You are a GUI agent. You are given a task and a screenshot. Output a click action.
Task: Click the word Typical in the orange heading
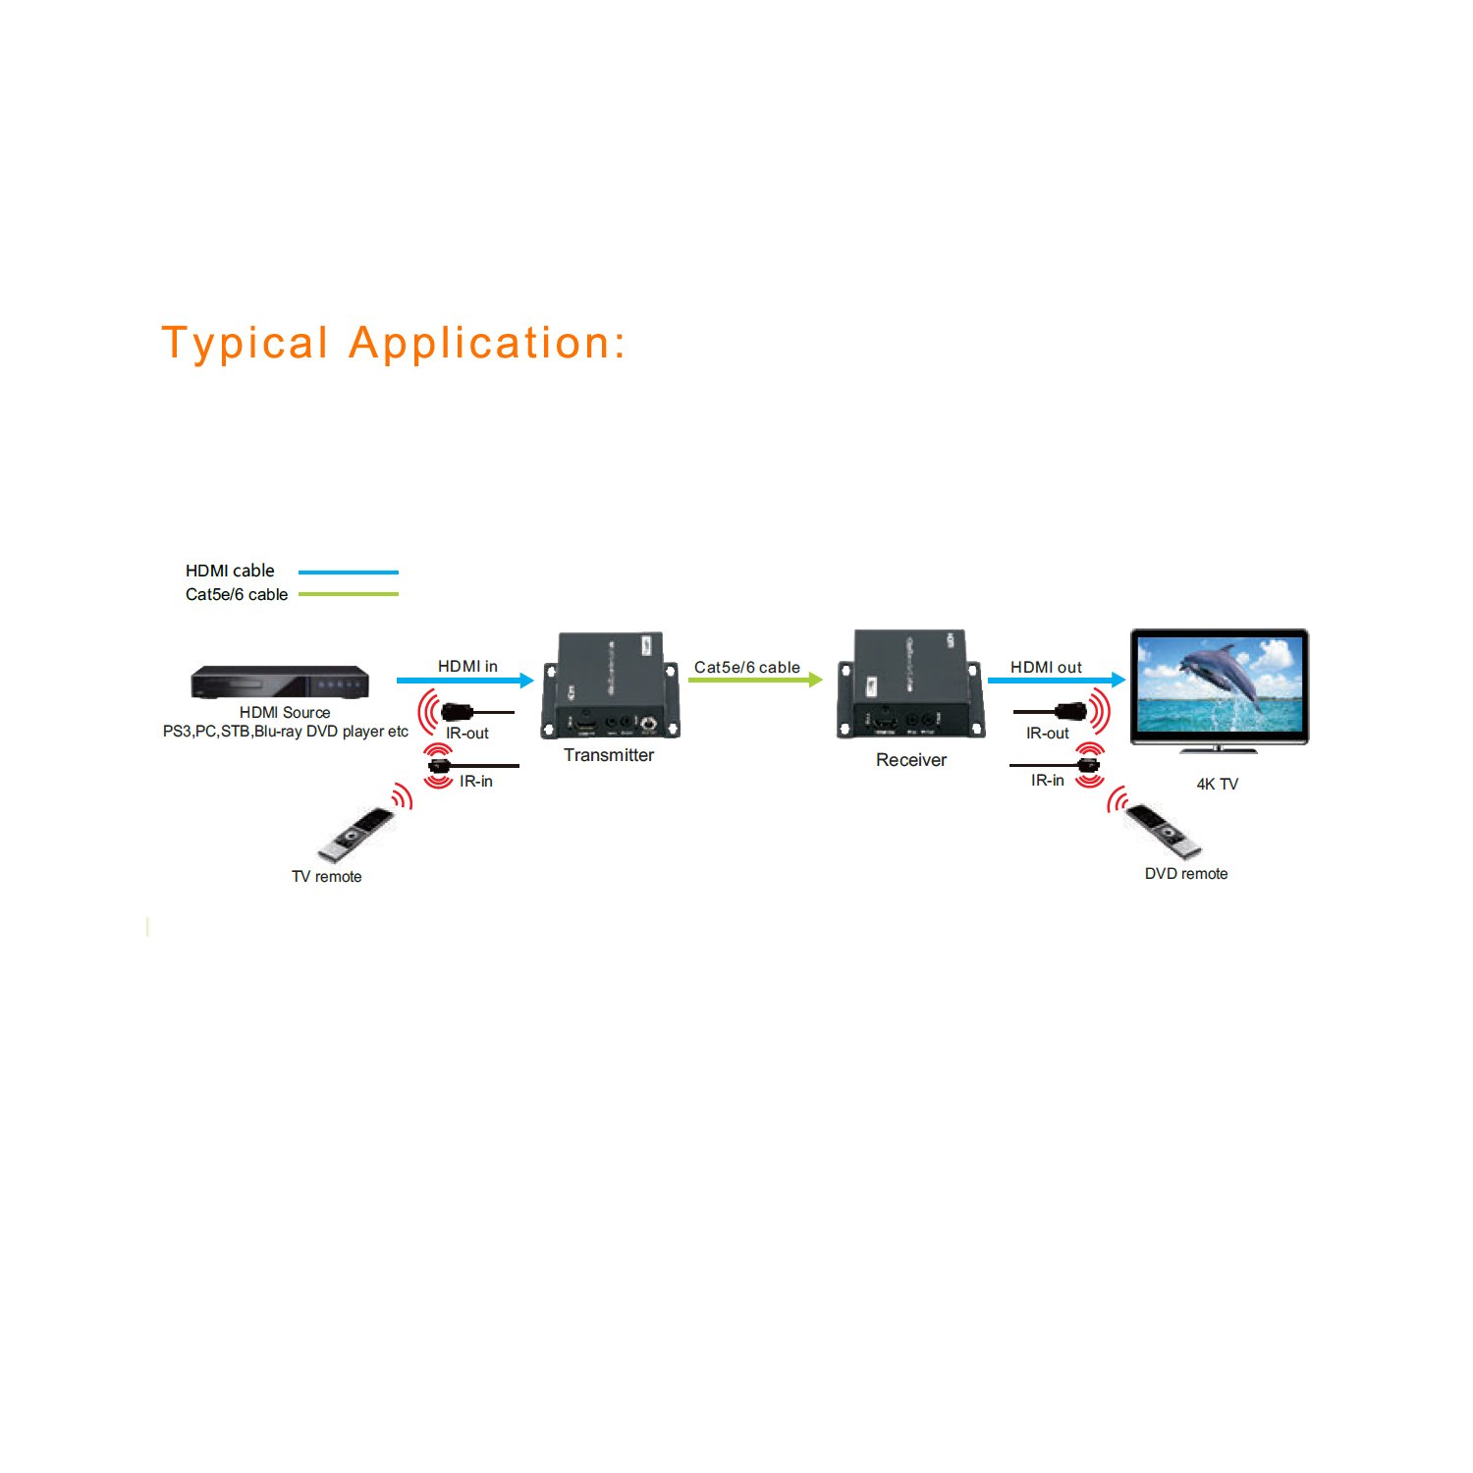[245, 344]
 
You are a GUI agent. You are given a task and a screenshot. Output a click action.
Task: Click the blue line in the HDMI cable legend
[348, 572]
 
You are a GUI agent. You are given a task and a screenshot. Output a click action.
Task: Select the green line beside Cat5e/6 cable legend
[348, 594]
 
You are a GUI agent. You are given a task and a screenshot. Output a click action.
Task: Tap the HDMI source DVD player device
[280, 682]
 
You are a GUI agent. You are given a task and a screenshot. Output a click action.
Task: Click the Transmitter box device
[610, 686]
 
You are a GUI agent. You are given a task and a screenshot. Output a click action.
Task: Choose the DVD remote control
[1163, 831]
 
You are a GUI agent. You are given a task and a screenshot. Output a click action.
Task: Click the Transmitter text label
[609, 755]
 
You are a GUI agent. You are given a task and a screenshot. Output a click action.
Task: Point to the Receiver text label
[911, 760]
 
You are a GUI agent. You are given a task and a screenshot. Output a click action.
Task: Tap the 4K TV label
[1217, 784]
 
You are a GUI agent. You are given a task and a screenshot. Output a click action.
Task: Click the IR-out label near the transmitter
[467, 734]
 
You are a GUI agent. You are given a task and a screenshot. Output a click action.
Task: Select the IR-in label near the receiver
[1047, 781]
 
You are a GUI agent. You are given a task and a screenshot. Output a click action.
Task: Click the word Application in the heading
[487, 344]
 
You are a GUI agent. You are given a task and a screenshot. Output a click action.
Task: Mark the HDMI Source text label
[285, 713]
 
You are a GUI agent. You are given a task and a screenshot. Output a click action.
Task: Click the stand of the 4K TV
[1218, 749]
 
